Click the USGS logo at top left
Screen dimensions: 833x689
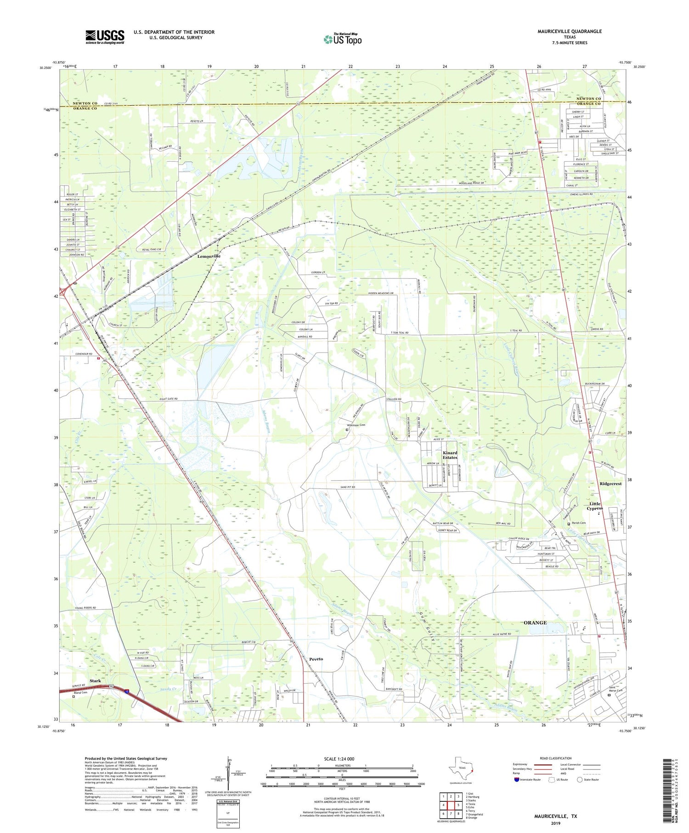point(105,37)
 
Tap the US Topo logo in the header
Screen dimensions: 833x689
point(342,40)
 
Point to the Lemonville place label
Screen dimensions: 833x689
point(209,256)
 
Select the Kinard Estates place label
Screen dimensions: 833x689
point(450,455)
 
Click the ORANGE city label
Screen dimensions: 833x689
point(535,623)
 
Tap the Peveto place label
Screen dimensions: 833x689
point(316,659)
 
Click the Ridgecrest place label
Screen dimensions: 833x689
point(610,484)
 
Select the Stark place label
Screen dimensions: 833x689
point(95,680)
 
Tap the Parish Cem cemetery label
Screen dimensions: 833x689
point(578,523)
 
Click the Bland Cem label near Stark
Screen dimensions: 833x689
point(80,692)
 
